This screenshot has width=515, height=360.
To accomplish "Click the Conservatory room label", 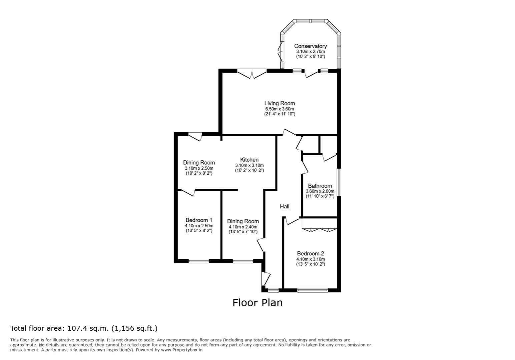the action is (x=311, y=46).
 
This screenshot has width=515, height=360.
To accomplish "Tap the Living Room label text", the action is (x=280, y=103).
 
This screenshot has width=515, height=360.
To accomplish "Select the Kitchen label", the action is (x=249, y=160).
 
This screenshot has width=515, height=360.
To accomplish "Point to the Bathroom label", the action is (x=320, y=186).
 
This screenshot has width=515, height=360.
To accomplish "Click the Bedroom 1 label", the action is (x=199, y=220).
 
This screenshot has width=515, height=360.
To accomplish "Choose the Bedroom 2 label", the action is (x=311, y=253).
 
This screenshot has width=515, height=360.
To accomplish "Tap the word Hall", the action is (x=285, y=207).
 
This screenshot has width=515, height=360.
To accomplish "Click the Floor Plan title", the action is (x=257, y=303).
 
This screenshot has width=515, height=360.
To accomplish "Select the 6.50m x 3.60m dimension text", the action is (x=280, y=109).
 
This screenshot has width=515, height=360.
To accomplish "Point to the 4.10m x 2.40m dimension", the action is (x=243, y=227).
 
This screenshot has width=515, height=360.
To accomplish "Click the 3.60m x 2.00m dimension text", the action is (x=320, y=191).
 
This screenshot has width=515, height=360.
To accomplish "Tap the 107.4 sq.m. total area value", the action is (x=88, y=329).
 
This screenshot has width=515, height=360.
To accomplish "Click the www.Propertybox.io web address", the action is (x=182, y=350).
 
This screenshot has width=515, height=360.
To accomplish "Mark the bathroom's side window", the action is (x=339, y=182).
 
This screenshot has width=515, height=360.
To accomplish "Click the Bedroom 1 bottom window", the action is (x=199, y=261).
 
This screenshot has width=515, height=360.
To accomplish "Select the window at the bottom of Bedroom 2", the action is (x=313, y=290).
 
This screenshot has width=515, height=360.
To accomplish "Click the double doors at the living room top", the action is (x=252, y=74).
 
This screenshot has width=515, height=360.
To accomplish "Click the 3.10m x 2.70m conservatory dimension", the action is (x=311, y=52).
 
